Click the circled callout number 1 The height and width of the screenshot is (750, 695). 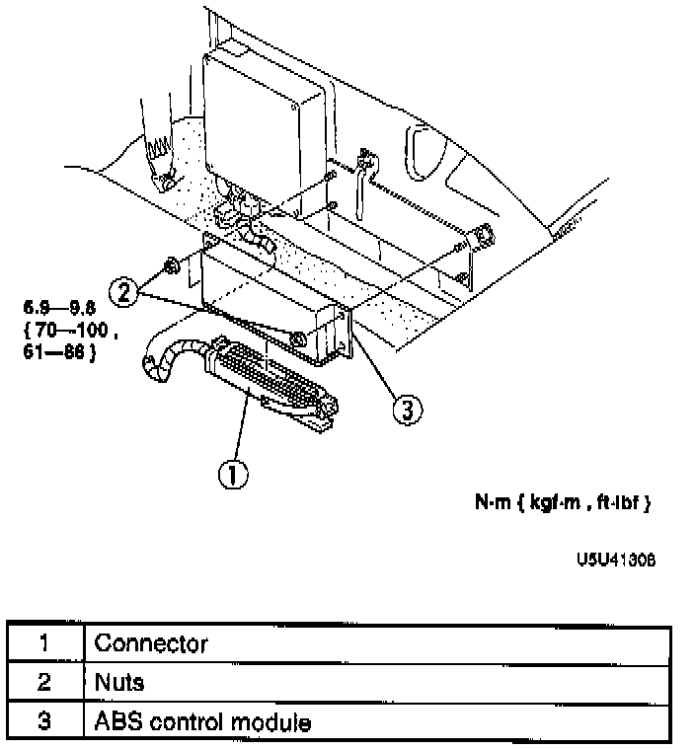pyautogui.click(x=231, y=475)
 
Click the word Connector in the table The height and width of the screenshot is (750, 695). pyautogui.click(x=151, y=643)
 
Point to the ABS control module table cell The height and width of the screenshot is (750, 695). pyautogui.click(x=202, y=721)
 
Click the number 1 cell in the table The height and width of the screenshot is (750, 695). pyautogui.click(x=44, y=643)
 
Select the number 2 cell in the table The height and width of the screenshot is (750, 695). pyautogui.click(x=44, y=682)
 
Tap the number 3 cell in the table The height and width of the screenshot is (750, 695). pyautogui.click(x=44, y=721)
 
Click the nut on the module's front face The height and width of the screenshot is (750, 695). pyautogui.click(x=297, y=340)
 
